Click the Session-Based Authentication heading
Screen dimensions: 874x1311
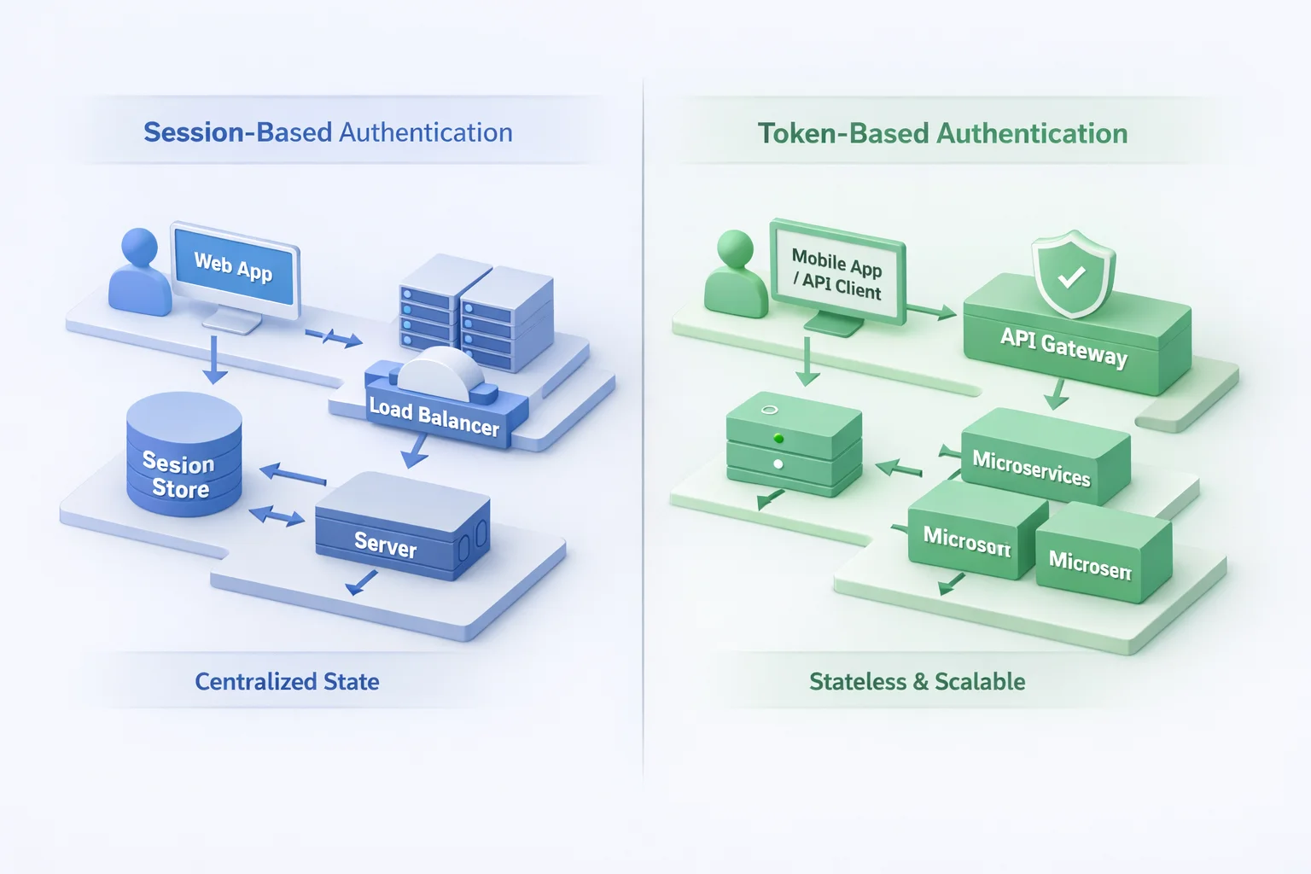pyautogui.click(x=328, y=132)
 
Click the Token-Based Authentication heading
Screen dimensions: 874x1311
pyautogui.click(x=942, y=133)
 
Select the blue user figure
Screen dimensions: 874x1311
pyautogui.click(x=139, y=273)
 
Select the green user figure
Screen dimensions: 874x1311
pyautogui.click(x=735, y=275)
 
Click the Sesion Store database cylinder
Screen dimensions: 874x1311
pyautogui.click(x=184, y=457)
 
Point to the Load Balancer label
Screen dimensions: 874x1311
pyautogui.click(x=434, y=417)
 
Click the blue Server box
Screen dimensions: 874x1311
pyautogui.click(x=401, y=529)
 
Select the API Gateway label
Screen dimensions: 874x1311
pyautogui.click(x=1063, y=347)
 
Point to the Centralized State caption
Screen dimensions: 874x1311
pyautogui.click(x=287, y=681)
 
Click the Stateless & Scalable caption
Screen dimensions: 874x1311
pyautogui.click(x=917, y=681)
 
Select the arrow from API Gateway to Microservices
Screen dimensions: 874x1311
pyautogui.click(x=1057, y=393)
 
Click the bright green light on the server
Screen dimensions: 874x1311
pyautogui.click(x=778, y=439)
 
